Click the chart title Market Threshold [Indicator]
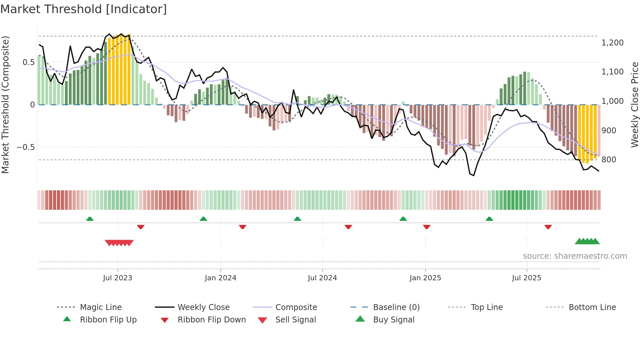(x=84, y=9)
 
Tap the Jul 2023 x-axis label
(x=118, y=278)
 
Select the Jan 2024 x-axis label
(x=220, y=278)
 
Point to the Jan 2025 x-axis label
(x=425, y=278)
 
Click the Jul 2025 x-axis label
(x=526, y=278)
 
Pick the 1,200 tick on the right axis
(x=613, y=43)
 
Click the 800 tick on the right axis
(x=609, y=160)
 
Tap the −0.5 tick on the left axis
(x=26, y=147)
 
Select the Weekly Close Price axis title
(x=634, y=105)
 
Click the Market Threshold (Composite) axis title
(x=5, y=105)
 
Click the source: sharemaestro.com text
(x=575, y=256)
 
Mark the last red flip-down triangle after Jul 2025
(x=548, y=227)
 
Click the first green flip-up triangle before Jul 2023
(x=90, y=219)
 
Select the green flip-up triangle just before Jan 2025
(x=403, y=219)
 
